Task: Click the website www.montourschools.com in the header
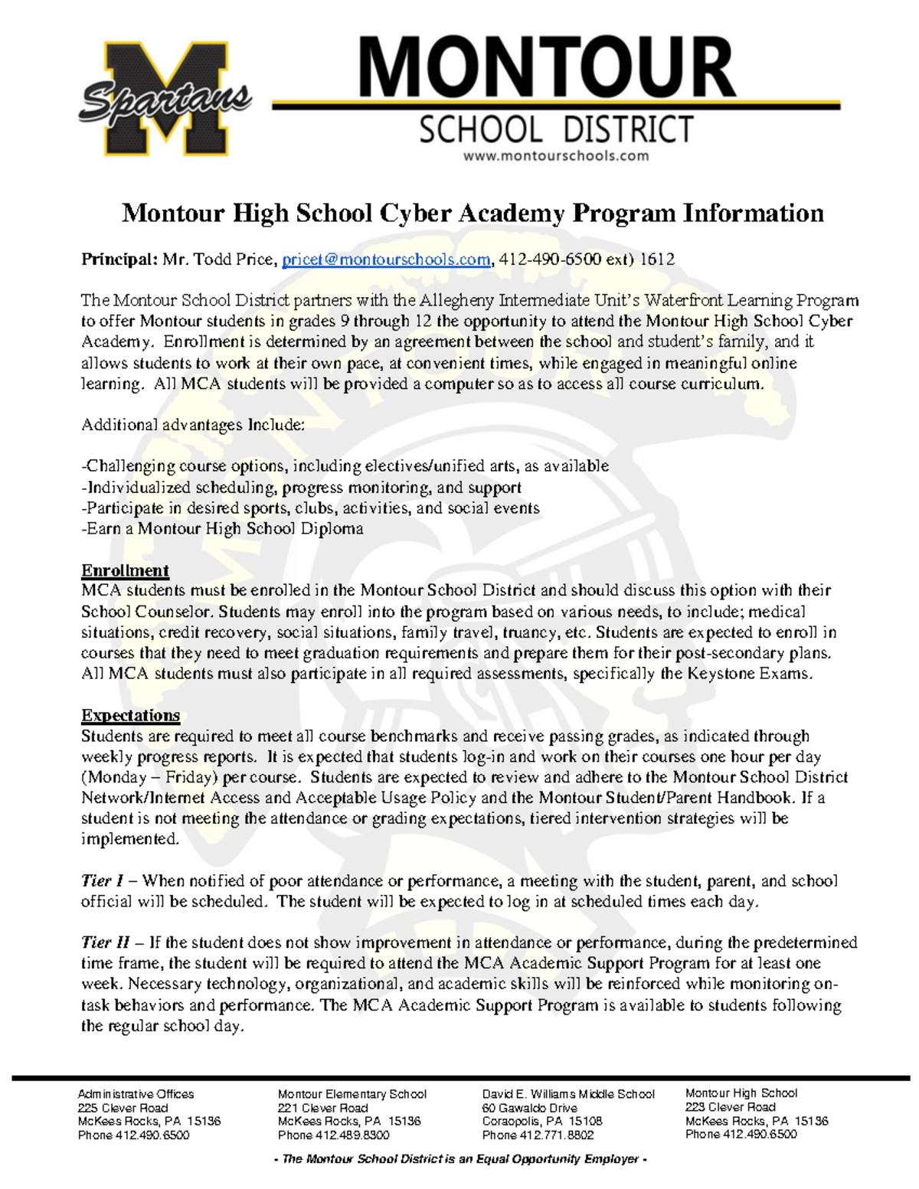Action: tap(556, 156)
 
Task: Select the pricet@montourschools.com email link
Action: tap(386, 260)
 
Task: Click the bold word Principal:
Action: tap(119, 260)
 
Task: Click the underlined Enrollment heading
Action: tap(125, 570)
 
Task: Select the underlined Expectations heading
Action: tap(130, 715)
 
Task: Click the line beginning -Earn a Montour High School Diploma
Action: tap(222, 528)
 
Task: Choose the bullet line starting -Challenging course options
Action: tap(345, 466)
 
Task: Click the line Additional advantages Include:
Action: tap(193, 425)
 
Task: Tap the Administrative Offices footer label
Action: tap(136, 1094)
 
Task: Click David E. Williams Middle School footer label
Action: tap(567, 1094)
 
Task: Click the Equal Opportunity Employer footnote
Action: tap(460, 1159)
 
